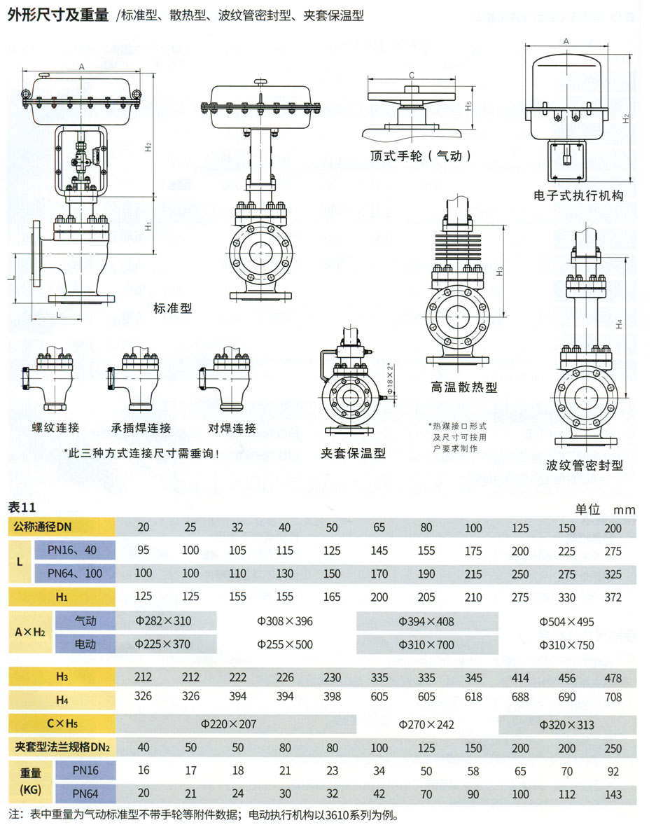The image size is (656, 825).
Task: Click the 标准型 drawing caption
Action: coord(173,307)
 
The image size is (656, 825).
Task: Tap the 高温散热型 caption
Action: coord(464,387)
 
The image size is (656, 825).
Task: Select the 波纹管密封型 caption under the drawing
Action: coord(585,465)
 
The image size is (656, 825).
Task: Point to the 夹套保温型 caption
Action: coord(354,453)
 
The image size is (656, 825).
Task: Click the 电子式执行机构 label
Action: coord(578,197)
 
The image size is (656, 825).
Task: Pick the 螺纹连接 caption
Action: coord(55,428)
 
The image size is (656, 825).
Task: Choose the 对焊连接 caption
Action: coord(232,428)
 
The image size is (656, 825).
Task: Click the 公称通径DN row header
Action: coord(43,527)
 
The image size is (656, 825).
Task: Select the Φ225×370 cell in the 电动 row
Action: coord(162,644)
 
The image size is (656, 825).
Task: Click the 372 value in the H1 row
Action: coord(613,597)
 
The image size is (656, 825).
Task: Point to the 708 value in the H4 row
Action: coord(613,697)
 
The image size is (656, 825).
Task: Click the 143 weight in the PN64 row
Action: coord(613,794)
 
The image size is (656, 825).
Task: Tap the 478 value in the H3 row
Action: coord(613,677)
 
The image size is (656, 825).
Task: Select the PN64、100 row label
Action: coord(74,574)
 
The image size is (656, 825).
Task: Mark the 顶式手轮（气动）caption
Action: coord(421,155)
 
